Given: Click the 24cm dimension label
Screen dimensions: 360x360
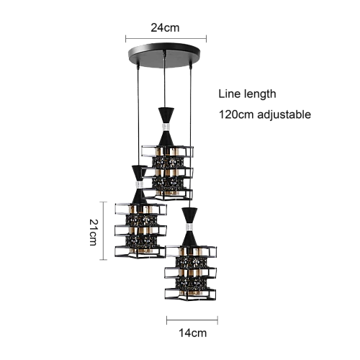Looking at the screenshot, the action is (x=165, y=28).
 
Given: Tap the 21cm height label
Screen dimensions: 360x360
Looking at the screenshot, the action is (x=94, y=233).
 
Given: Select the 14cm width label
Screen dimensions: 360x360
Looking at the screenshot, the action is (x=192, y=333).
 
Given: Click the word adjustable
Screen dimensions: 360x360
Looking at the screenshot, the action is (x=284, y=114).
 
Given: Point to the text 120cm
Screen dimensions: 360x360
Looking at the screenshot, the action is (x=236, y=114).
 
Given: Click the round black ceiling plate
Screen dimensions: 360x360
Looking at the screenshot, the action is (x=164, y=55).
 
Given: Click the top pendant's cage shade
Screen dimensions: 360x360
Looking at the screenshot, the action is (x=168, y=173).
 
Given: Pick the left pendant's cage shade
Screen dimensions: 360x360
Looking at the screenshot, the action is (x=140, y=231).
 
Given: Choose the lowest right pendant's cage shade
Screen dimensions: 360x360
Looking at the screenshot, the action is (x=191, y=273).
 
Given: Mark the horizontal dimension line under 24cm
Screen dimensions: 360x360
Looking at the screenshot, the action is (x=166, y=38).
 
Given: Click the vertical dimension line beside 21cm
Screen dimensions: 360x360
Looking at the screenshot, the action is (x=103, y=230).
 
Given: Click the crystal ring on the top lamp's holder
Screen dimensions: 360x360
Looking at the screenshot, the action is (x=166, y=127).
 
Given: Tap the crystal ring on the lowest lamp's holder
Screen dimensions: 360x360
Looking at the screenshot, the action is (x=189, y=228).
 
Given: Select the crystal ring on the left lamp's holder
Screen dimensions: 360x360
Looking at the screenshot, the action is (x=140, y=185).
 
